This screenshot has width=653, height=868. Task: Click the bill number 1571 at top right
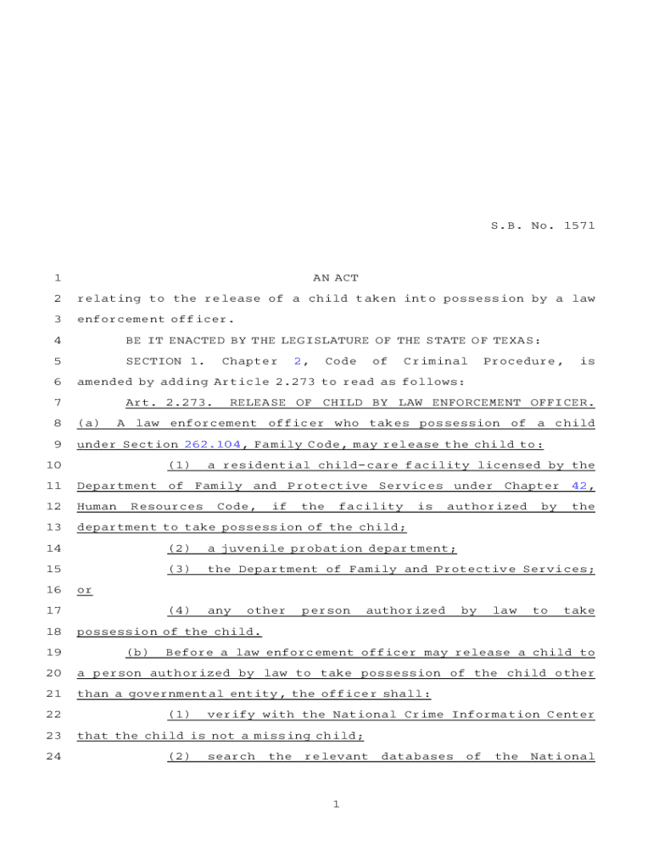pyautogui.click(x=578, y=225)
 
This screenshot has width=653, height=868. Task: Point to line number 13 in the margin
pyautogui.click(x=54, y=527)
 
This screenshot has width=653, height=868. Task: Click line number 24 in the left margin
pyautogui.click(x=54, y=756)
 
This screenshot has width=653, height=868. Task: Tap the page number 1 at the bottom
pyautogui.click(x=336, y=804)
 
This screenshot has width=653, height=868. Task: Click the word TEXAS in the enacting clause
pyautogui.click(x=516, y=341)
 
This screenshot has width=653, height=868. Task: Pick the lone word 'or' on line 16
pyautogui.click(x=85, y=590)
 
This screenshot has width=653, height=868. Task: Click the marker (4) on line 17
pyautogui.click(x=179, y=610)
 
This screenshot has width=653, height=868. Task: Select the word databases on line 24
pyautogui.click(x=416, y=756)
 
